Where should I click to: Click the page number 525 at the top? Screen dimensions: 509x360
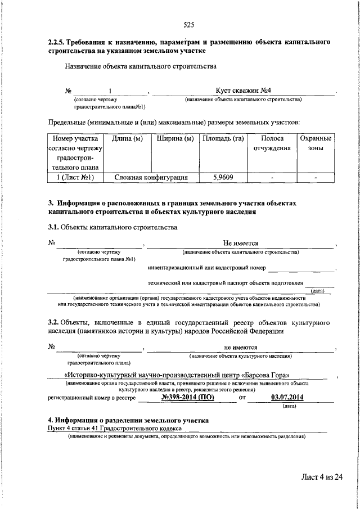point(189,25)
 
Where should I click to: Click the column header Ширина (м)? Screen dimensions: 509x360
point(175,138)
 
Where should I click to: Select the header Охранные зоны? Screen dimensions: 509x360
point(315,143)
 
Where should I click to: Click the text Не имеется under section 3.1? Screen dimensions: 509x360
point(240,243)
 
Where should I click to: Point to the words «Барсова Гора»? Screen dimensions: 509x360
point(268,375)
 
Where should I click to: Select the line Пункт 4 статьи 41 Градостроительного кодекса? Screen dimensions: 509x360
point(115,428)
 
